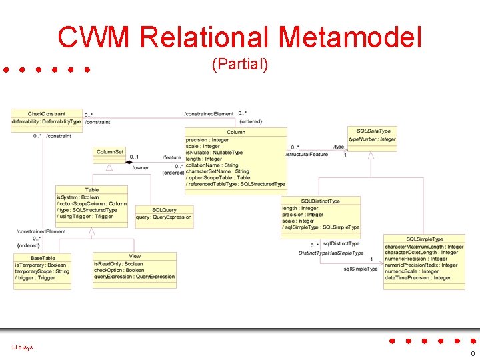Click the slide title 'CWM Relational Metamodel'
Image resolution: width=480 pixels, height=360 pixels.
point(239,37)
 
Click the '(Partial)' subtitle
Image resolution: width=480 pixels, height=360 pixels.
point(239,65)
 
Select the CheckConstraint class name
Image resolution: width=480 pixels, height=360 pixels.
point(47,114)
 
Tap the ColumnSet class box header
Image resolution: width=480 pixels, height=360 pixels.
point(111,152)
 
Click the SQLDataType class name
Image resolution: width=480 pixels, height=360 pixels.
point(373,131)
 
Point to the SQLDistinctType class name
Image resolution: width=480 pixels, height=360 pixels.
point(321,201)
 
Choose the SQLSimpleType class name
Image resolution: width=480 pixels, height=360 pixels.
point(425,239)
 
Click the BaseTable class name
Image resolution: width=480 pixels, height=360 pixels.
point(43,257)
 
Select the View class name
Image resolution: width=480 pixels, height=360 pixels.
point(135,256)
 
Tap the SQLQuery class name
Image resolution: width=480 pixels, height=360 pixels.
point(164,209)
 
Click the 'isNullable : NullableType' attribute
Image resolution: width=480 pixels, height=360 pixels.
point(215,153)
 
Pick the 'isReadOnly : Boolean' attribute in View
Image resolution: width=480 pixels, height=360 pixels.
point(118,264)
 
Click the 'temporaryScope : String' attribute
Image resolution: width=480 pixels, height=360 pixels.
point(42,271)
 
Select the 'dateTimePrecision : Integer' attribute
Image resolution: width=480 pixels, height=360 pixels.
point(418,278)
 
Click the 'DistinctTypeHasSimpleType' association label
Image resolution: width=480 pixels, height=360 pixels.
point(331,253)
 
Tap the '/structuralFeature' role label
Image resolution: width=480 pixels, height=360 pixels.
point(307,155)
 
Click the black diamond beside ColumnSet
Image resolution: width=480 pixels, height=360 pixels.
point(129,162)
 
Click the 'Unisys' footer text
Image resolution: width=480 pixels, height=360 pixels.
point(22,347)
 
